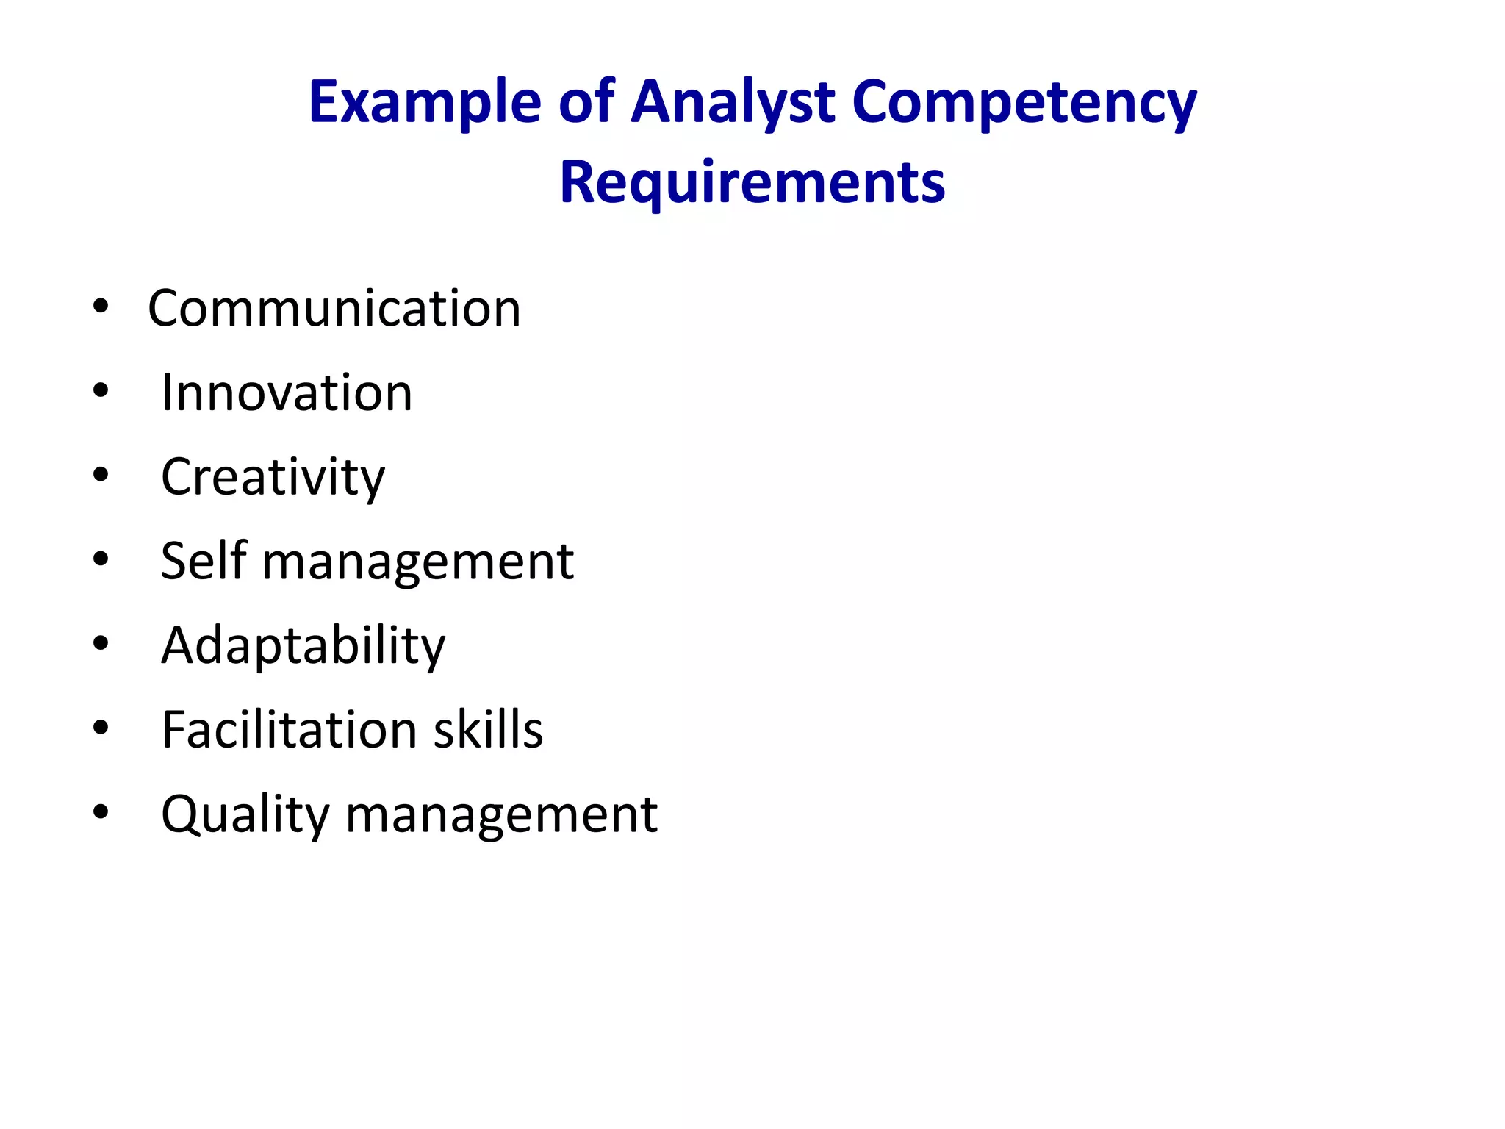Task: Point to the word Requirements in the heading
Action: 752,182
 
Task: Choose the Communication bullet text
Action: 334,308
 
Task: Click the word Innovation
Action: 287,393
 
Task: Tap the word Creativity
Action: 273,477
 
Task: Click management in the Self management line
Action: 417,563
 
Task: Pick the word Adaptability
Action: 303,645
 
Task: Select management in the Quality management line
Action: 501,816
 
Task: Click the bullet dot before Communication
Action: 101,307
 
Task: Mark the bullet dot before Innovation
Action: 101,391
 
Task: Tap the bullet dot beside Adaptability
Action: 101,644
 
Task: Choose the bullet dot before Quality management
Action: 101,812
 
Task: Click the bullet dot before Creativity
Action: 101,475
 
